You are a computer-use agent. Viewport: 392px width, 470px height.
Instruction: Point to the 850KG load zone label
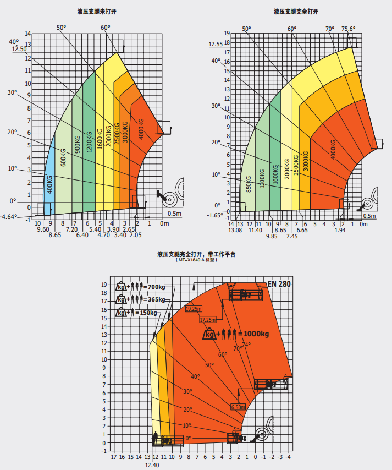pos(249,184)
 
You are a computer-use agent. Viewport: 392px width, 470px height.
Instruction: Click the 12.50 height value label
pos(19,49)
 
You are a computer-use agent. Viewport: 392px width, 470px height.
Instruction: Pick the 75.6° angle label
pos(348,29)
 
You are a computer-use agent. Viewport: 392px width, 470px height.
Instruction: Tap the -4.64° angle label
pos(9,216)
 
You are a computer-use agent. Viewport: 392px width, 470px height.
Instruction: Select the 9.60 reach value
pos(43,228)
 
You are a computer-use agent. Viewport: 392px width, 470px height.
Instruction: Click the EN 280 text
pos(279,284)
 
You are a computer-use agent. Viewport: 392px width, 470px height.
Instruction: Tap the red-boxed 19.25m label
pos(194,309)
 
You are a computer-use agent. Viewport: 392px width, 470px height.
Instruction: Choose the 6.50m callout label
pos(238,407)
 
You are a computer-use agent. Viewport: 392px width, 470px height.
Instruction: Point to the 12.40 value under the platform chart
pos(152,465)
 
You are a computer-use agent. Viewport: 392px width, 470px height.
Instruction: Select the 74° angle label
pos(246,345)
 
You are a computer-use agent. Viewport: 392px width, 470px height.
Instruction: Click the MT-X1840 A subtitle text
pos(196,260)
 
